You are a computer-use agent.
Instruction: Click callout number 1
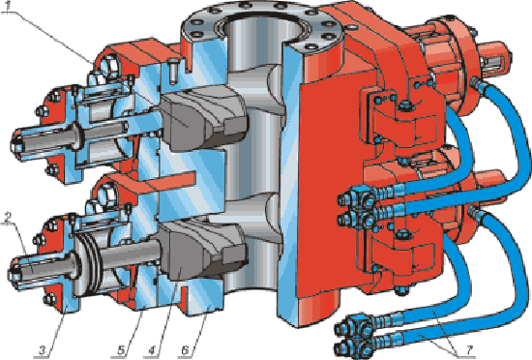(13, 5)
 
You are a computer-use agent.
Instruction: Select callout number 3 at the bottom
(42, 349)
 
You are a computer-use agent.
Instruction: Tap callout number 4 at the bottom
(151, 349)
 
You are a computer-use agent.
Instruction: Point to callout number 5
(121, 349)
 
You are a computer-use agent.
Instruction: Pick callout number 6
(186, 349)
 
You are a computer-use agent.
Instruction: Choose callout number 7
(469, 350)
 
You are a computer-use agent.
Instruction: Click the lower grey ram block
(203, 250)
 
